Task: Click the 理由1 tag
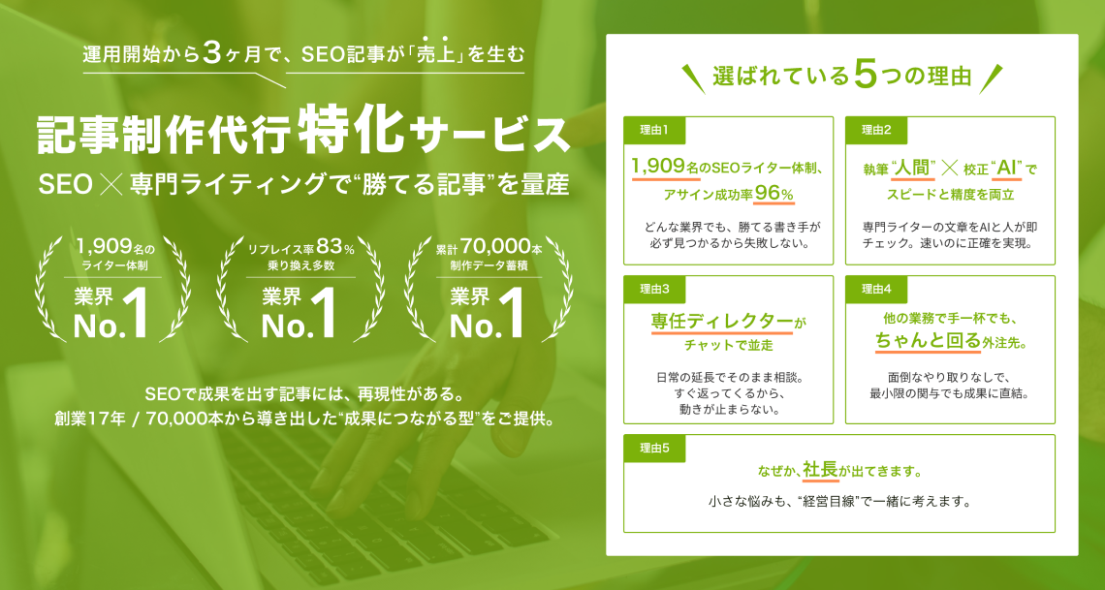pos(654,130)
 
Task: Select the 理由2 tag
pos(876,130)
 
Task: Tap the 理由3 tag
pos(654,290)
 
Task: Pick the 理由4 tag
pos(876,290)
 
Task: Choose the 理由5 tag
pos(654,449)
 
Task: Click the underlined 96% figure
pos(773,193)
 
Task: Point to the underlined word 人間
pos(912,169)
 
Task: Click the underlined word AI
pos(1005,169)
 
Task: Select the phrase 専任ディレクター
pos(721,322)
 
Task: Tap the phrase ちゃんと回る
pos(928,341)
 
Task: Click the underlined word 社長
pos(820,470)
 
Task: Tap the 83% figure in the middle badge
pos(335,246)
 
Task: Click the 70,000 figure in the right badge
pos(495,246)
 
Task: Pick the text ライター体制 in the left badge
pos(112,266)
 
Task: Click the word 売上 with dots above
pos(433,55)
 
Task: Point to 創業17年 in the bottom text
pos(90,419)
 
